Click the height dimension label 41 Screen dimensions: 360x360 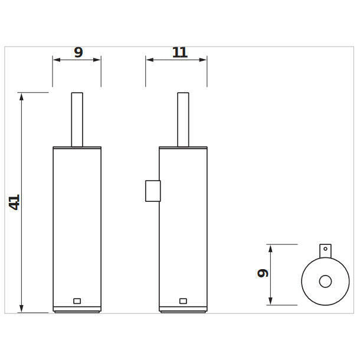click(x=15, y=202)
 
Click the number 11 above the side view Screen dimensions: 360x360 click(x=180, y=53)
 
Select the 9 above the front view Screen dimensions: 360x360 click(x=78, y=53)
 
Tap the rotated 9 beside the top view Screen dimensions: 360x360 click(x=263, y=273)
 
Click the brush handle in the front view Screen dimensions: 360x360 click(x=77, y=120)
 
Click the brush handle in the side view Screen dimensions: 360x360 click(x=183, y=120)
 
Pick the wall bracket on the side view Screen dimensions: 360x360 click(x=153, y=191)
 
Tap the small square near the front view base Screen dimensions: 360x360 click(x=77, y=301)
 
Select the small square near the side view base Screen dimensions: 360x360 click(x=183, y=301)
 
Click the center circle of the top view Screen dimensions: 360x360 click(x=325, y=282)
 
